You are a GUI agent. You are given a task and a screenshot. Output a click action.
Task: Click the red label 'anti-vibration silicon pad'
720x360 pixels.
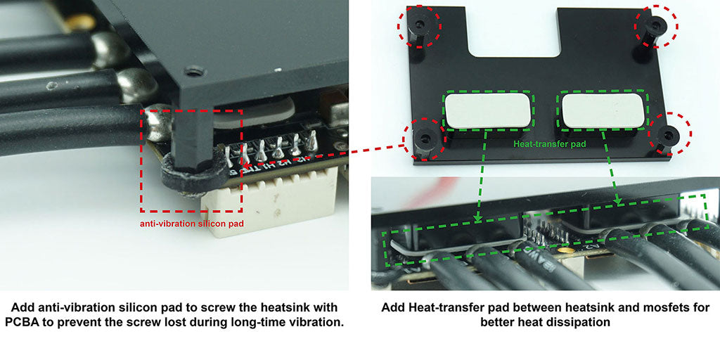(191, 224)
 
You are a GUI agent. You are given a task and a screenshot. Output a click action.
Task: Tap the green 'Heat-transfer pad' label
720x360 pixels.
(546, 143)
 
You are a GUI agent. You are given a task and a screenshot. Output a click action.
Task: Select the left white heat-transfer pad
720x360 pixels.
(488, 110)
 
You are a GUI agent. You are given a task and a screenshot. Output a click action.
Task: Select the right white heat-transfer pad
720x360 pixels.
(603, 110)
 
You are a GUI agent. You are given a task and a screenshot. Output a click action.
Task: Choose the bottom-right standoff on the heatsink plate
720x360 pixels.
(666, 137)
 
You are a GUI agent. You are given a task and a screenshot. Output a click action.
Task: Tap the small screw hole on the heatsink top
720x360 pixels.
(193, 72)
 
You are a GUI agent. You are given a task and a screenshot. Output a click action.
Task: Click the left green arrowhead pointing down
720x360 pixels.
(477, 218)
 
